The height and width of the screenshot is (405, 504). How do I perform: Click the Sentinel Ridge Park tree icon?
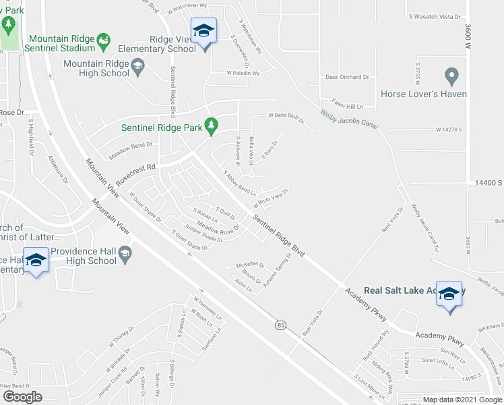(x=212, y=126)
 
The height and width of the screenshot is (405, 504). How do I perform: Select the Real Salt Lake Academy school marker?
(x=449, y=294)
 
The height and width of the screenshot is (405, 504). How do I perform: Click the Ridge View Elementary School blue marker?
(x=203, y=31)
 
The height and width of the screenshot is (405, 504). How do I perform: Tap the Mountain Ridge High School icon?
(x=138, y=64)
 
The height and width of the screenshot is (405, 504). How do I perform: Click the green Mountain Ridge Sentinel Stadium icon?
(x=104, y=43)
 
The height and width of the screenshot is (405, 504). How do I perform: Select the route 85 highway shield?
(x=280, y=325)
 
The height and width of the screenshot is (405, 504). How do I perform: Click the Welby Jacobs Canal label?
(x=349, y=119)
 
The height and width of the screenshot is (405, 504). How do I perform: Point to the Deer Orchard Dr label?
(x=347, y=78)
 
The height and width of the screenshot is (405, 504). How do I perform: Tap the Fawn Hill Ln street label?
(x=348, y=107)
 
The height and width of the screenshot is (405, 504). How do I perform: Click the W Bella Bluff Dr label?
(x=287, y=117)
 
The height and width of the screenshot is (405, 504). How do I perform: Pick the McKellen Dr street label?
(x=249, y=265)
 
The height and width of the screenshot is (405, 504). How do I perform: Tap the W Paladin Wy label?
(x=243, y=73)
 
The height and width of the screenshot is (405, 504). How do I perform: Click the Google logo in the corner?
(x=22, y=397)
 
